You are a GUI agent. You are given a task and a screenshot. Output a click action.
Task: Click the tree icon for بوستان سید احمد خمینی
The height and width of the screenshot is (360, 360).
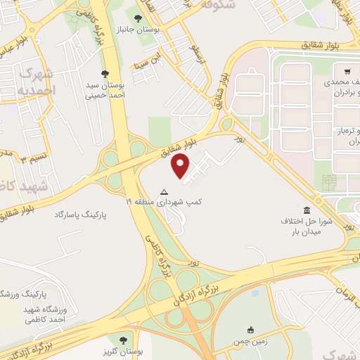[x=105, y=73]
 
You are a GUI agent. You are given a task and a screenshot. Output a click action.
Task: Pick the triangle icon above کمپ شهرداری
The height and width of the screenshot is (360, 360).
[x=165, y=191]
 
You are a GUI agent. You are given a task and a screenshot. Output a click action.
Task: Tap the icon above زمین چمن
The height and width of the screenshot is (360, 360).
[x=250, y=330]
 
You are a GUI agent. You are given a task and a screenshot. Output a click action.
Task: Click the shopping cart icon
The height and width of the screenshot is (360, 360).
[x=348, y=71]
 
